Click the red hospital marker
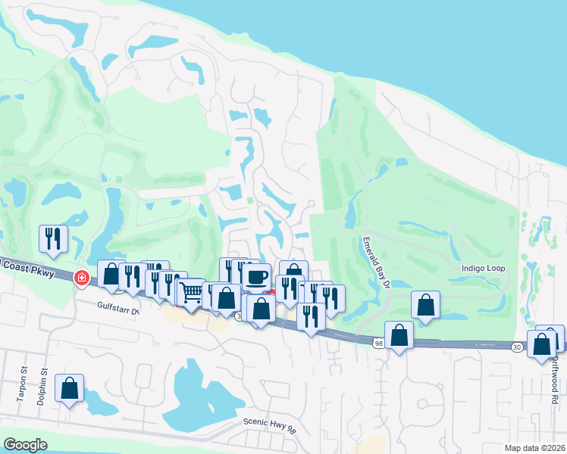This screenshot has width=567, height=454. tap(80, 278)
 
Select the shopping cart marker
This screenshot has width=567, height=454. tap(190, 292)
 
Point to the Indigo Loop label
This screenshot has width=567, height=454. tap(483, 269)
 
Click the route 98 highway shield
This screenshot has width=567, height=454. tap(379, 343)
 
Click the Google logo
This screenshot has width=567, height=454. tap(24, 445)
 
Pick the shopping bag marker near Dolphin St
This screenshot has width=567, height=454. tap(70, 389)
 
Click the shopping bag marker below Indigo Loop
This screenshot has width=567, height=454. tap(426, 305)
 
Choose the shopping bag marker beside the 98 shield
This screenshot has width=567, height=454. tap(399, 334)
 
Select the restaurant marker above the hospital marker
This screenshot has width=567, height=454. tap(53, 238)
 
